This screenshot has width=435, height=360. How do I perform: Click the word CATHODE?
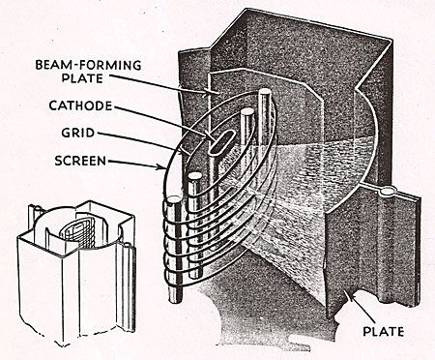pyautogui.click(x=80, y=105)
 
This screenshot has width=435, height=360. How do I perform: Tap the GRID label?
pyautogui.click(x=78, y=133)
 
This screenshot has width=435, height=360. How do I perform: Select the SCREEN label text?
pyautogui.click(x=80, y=161)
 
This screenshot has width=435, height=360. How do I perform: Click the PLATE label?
pyautogui.click(x=383, y=332)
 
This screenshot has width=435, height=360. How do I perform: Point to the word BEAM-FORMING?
pyautogui.click(x=88, y=65)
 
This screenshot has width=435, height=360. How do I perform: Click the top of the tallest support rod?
pyautogui.click(x=265, y=92)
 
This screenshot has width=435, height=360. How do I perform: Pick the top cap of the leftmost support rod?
pyautogui.click(x=172, y=200)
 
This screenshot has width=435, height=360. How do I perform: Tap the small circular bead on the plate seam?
pyautogui.click(x=386, y=192)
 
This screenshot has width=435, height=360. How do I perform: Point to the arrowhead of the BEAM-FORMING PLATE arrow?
pyautogui.click(x=204, y=94)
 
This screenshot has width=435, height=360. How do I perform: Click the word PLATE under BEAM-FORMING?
pyautogui.click(x=82, y=78)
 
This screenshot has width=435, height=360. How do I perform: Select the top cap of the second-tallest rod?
pyautogui.click(x=247, y=112)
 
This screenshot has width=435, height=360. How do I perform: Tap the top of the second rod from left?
pyautogui.click(x=194, y=176)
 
